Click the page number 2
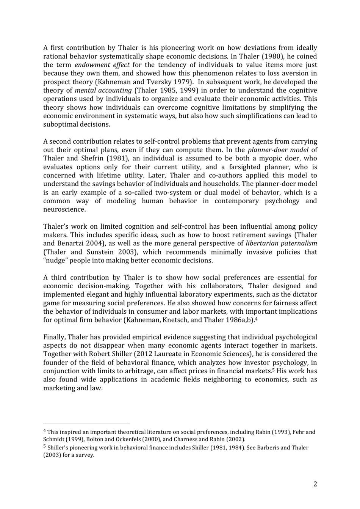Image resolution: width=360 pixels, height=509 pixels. (x=315, y=484)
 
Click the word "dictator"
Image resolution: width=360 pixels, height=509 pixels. (x=303, y=295)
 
